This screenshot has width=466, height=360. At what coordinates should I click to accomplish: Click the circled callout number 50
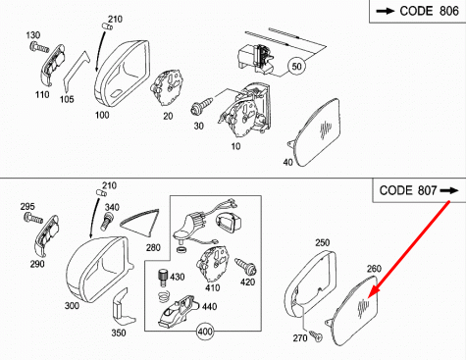coord(296,67)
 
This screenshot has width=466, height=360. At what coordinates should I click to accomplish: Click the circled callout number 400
coord(205,332)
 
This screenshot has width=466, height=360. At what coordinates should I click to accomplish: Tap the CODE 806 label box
coord(418,11)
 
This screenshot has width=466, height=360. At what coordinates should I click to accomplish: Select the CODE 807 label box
coord(419,190)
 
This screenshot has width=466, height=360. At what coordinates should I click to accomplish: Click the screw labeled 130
coord(39,48)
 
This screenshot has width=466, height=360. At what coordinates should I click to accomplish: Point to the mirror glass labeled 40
coord(316,132)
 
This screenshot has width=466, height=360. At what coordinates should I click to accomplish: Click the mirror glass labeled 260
coord(353,312)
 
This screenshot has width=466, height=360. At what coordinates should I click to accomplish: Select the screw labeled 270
coord(316,335)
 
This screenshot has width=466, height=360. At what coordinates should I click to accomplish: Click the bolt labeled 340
coord(107,221)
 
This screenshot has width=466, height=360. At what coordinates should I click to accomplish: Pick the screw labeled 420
coord(246,266)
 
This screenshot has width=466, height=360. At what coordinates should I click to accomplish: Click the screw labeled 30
coord(202,106)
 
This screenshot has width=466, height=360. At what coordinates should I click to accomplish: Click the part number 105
coord(67,99)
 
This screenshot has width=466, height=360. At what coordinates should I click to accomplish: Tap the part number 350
coord(119,333)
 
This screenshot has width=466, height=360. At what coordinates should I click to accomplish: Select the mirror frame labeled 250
coord(310,282)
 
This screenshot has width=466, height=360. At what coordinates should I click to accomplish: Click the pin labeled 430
coord(162,278)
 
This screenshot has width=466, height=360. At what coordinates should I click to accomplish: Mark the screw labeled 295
coord(33,217)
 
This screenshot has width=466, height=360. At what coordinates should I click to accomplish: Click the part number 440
coord(209,306)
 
